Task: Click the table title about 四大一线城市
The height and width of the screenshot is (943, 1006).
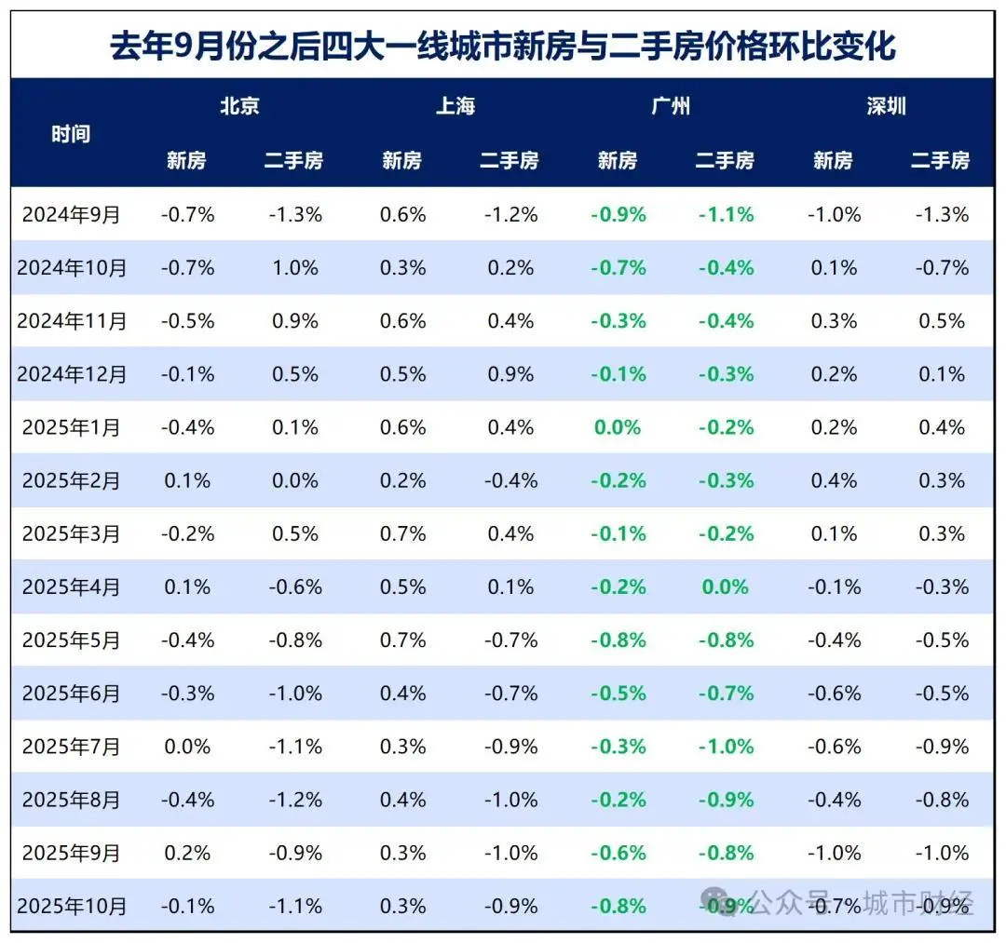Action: point(503,46)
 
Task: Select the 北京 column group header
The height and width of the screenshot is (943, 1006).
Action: point(239,106)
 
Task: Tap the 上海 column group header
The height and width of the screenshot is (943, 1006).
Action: point(455,106)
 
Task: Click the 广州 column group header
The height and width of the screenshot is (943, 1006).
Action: point(671,106)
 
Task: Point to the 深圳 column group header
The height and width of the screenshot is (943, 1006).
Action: point(886,106)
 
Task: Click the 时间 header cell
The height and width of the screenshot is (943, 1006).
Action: point(71,133)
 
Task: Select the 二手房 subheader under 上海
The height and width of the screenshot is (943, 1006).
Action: point(510,160)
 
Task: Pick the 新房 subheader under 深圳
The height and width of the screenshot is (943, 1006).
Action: point(833,160)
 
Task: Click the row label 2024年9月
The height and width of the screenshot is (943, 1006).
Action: point(72,215)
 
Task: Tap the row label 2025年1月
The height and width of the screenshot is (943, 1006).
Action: point(72,428)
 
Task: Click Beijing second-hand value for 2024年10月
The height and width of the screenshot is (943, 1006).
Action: point(294,268)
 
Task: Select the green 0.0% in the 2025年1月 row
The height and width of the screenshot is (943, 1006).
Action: point(618,428)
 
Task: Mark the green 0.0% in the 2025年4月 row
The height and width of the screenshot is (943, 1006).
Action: point(726,587)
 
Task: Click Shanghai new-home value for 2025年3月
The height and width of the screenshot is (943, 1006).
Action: point(402,534)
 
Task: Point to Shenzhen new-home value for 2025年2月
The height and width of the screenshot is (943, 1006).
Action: point(834,481)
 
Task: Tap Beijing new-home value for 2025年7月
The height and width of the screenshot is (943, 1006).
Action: point(187,747)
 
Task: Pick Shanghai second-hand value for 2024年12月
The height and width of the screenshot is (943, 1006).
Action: point(510,374)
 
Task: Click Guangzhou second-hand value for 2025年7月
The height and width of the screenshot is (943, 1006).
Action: point(726,747)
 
